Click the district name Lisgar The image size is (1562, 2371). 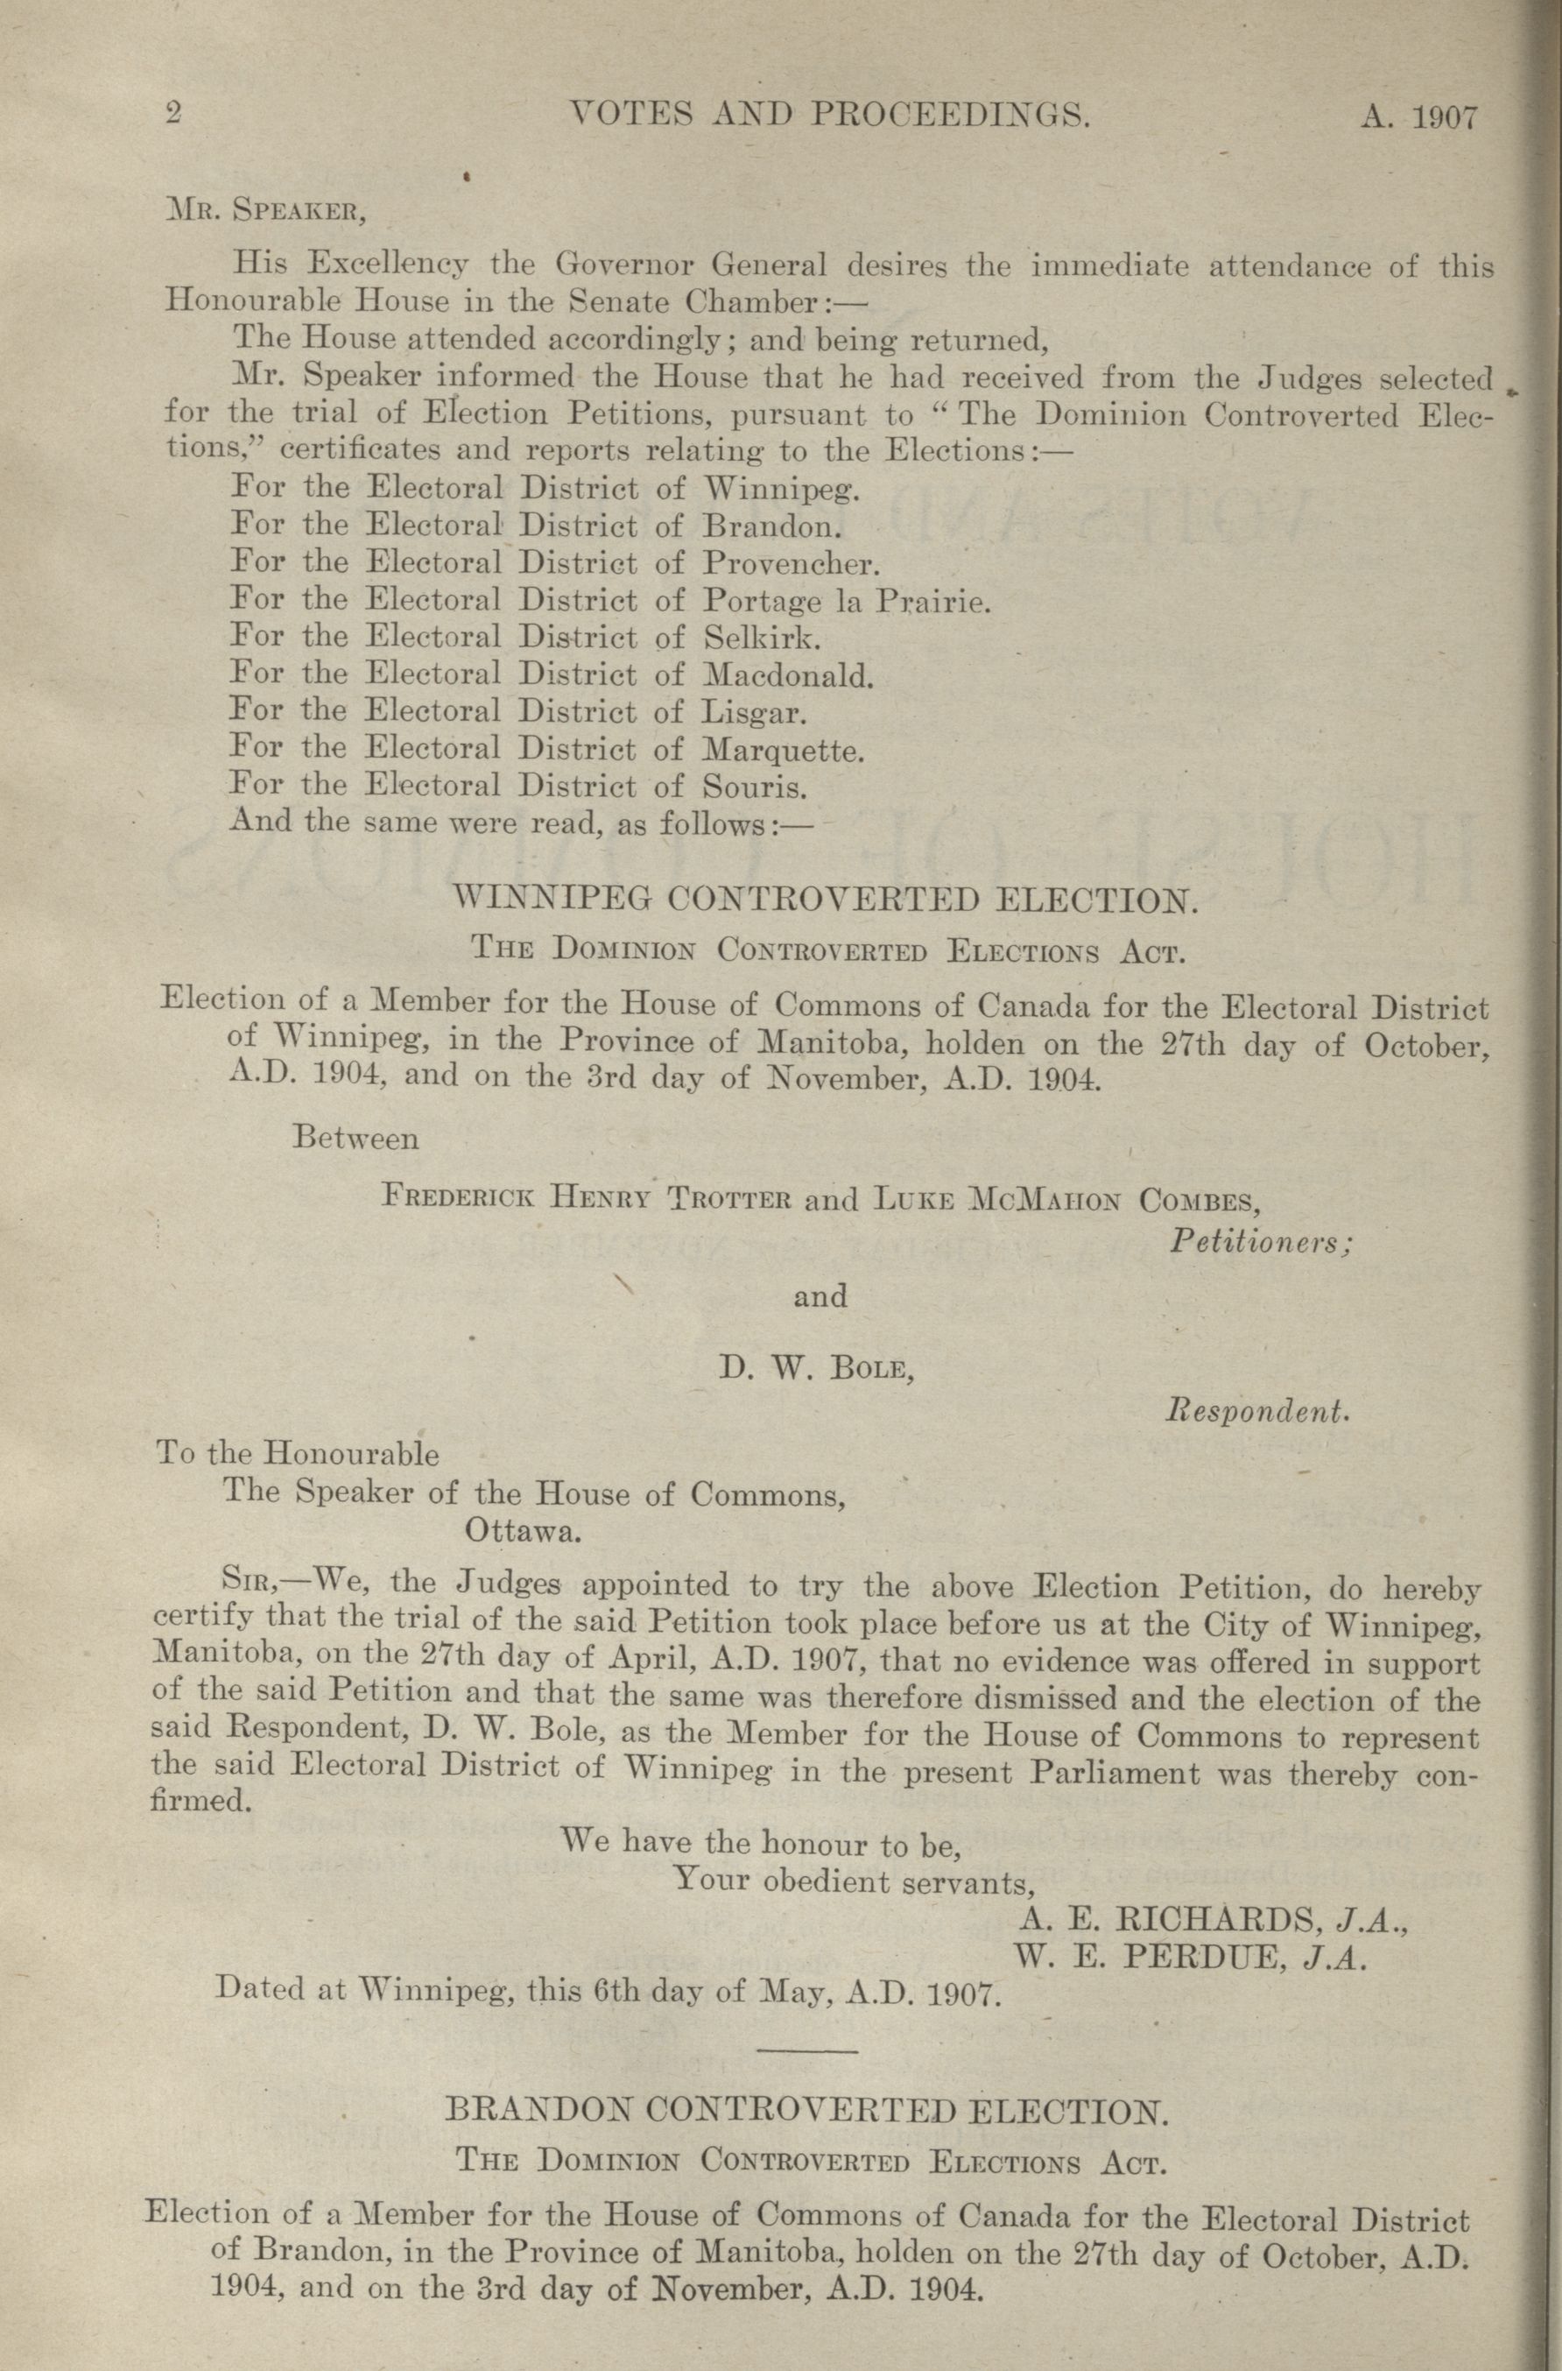(753, 713)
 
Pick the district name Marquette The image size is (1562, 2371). (782, 750)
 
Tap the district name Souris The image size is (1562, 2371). (753, 787)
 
